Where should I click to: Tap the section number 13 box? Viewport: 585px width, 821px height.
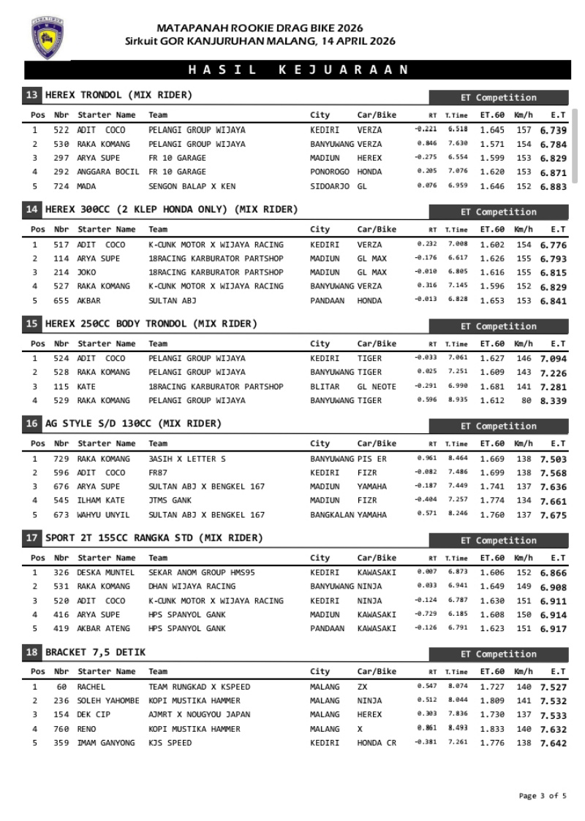click(32, 95)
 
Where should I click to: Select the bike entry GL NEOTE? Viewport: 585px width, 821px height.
click(377, 386)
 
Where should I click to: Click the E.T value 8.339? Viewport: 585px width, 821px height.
click(553, 401)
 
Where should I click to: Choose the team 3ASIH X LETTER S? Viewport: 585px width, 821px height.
click(187, 459)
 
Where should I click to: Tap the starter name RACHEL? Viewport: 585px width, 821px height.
click(91, 687)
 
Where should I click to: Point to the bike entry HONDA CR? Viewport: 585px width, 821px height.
click(377, 743)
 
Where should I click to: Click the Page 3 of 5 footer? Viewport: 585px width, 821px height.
click(543, 796)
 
